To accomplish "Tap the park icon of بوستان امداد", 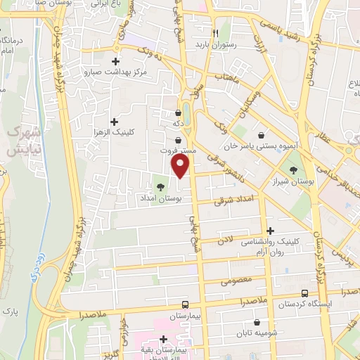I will pos(160,187).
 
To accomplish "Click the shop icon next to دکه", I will pos(178,112).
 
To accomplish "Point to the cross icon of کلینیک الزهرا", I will pos(115,121).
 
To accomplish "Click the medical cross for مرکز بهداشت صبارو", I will pos(117,60).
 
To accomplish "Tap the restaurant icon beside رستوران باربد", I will pos(216,32).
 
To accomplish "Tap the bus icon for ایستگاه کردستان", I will pos(304,293).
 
